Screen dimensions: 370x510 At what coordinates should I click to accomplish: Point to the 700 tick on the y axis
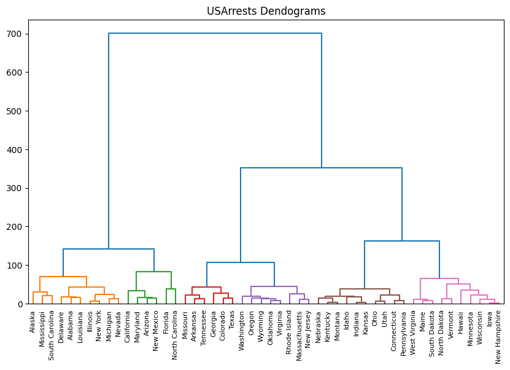[15, 34]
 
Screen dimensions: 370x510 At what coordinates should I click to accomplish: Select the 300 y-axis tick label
[15, 188]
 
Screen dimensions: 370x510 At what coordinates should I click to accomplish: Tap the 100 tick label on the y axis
[15, 266]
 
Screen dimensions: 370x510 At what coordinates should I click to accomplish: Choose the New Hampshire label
[498, 336]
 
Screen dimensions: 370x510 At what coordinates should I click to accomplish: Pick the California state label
[128, 326]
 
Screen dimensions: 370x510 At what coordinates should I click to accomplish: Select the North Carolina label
[175, 334]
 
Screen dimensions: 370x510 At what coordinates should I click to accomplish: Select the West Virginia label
[413, 332]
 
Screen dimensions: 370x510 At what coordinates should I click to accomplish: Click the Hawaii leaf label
[460, 322]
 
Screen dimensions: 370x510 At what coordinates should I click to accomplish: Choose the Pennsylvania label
[404, 333]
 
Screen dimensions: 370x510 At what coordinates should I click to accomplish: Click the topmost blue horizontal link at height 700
[215, 33]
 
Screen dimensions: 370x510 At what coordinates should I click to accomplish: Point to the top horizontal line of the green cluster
[153, 272]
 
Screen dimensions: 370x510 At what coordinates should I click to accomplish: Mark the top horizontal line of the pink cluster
[439, 278]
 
